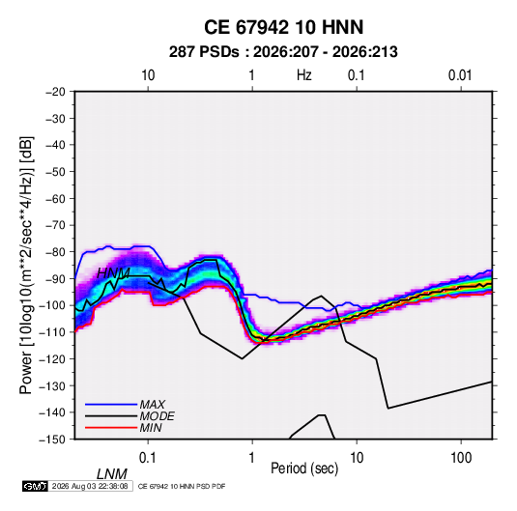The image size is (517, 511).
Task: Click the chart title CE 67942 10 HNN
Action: click(x=283, y=27)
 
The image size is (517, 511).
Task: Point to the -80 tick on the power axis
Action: click(x=55, y=252)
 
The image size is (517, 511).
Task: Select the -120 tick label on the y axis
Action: click(x=52, y=359)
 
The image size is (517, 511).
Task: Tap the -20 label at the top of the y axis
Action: click(x=55, y=92)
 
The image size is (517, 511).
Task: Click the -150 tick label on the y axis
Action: click(x=52, y=440)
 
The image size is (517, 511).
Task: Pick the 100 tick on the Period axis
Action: click(x=461, y=458)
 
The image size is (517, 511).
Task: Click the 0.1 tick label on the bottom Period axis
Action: click(x=148, y=458)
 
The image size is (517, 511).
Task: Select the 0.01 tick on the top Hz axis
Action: click(x=460, y=75)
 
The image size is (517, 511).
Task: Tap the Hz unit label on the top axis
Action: click(x=304, y=75)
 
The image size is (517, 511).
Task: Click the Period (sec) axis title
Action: click(x=304, y=468)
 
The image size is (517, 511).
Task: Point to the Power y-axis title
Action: click(x=26, y=266)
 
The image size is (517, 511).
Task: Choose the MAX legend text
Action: click(x=152, y=404)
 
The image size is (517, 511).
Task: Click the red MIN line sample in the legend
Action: click(x=111, y=428)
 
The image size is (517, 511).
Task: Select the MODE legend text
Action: click(x=157, y=416)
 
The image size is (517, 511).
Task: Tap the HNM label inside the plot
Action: click(x=113, y=273)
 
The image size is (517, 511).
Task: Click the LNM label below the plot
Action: click(x=112, y=474)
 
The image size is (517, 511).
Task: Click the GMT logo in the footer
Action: click(x=36, y=486)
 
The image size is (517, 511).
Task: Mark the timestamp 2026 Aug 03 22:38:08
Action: click(x=90, y=486)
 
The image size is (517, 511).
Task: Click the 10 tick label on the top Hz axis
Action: click(x=148, y=75)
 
